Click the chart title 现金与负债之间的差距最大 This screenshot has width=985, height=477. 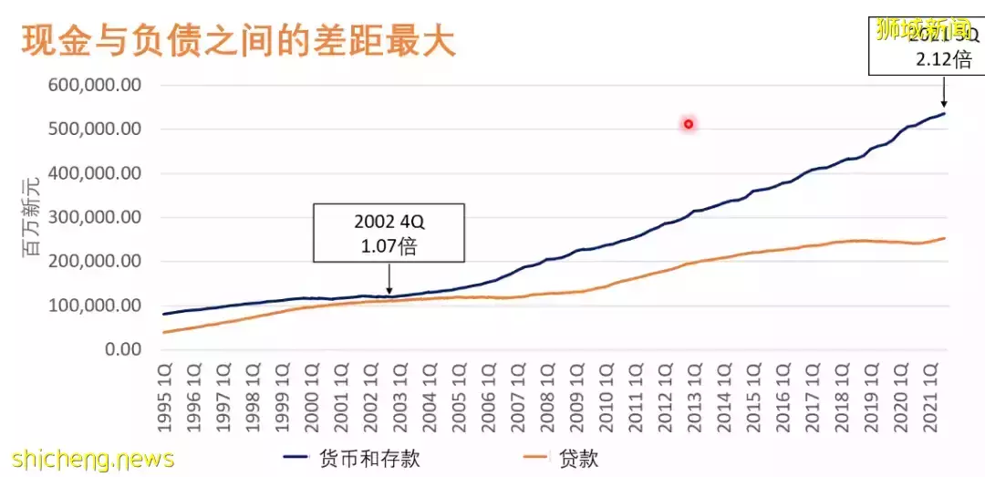238,41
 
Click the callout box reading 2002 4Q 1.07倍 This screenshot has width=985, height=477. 389,233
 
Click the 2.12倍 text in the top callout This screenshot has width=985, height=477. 943,60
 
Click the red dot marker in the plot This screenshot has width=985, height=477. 689,124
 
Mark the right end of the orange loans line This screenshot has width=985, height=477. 944,239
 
